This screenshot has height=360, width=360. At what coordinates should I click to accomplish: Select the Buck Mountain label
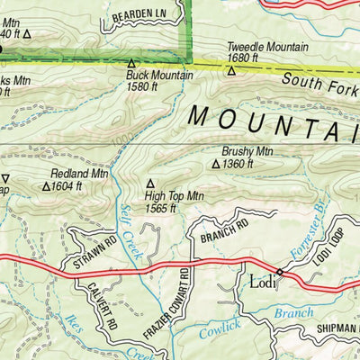[x=159, y=76]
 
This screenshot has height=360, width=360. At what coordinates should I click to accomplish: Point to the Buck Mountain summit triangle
[x=131, y=64]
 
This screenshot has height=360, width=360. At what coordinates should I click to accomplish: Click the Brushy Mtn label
[x=247, y=152]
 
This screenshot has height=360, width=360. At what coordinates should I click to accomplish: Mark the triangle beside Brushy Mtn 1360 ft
[x=215, y=165]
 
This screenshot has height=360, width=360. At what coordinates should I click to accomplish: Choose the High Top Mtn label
[x=175, y=195]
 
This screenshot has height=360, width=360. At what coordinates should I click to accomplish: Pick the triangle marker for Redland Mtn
[x=47, y=187]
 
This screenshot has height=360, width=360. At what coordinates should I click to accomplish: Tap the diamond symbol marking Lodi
[x=280, y=271]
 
